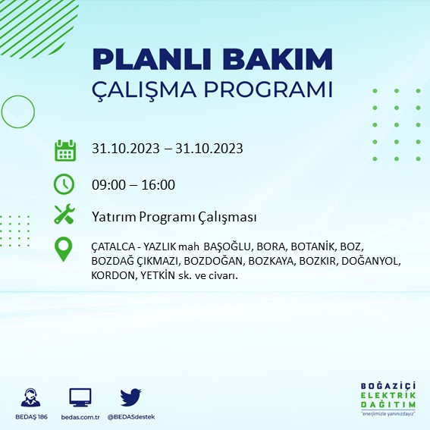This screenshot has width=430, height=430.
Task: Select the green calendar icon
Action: (x=65, y=149)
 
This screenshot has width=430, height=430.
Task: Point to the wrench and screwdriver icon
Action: (x=65, y=215)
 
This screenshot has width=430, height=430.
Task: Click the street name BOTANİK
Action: (x=315, y=247)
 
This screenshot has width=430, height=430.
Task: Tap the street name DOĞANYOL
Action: (x=370, y=262)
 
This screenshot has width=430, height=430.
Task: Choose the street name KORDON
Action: (x=111, y=275)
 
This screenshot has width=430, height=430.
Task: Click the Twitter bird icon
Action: (x=131, y=397)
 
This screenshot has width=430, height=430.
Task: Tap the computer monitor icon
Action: (x=80, y=397)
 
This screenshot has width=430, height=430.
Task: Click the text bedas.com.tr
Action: (x=80, y=417)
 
